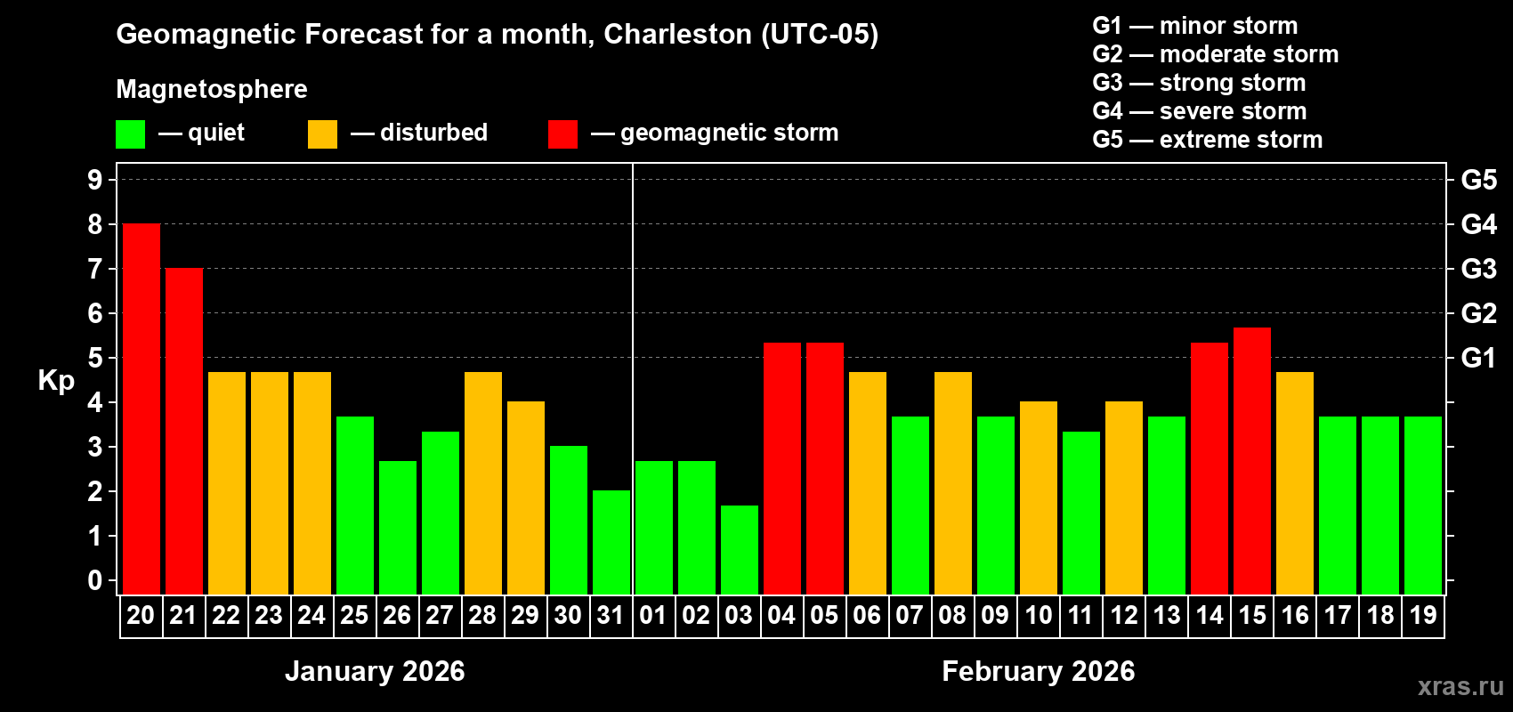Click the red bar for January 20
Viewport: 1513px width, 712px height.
pyautogui.click(x=141, y=409)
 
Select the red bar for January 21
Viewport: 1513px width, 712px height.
pyautogui.click(x=183, y=432)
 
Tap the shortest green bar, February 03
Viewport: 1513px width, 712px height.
pyautogui.click(x=739, y=550)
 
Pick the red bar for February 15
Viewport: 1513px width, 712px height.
pyautogui.click(x=1251, y=461)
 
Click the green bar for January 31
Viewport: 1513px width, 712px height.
pyautogui.click(x=611, y=543)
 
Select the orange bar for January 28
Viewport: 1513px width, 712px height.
pyautogui.click(x=482, y=483)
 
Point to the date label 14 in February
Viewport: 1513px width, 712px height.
pyautogui.click(x=1209, y=616)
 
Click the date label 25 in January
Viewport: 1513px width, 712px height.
pyautogui.click(x=354, y=616)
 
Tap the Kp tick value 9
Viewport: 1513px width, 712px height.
pyautogui.click(x=95, y=180)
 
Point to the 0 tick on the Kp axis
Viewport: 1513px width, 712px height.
pyautogui.click(x=95, y=581)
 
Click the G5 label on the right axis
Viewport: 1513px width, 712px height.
pyautogui.click(x=1478, y=180)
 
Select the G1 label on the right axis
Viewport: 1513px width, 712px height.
pyautogui.click(x=1478, y=358)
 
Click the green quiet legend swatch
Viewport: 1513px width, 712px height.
pyautogui.click(x=130, y=134)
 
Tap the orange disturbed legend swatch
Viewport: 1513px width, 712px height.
pyautogui.click(x=322, y=134)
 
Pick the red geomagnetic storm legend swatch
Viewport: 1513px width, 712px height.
pyautogui.click(x=562, y=134)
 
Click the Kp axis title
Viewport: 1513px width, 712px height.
pyautogui.click(x=56, y=380)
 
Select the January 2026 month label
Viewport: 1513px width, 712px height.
pyautogui.click(x=375, y=671)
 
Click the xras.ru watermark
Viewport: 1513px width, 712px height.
pyautogui.click(x=1460, y=686)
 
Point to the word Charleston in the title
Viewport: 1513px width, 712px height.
pyautogui.click(x=678, y=34)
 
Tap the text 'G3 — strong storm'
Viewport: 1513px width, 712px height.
pyautogui.click(x=1199, y=83)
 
